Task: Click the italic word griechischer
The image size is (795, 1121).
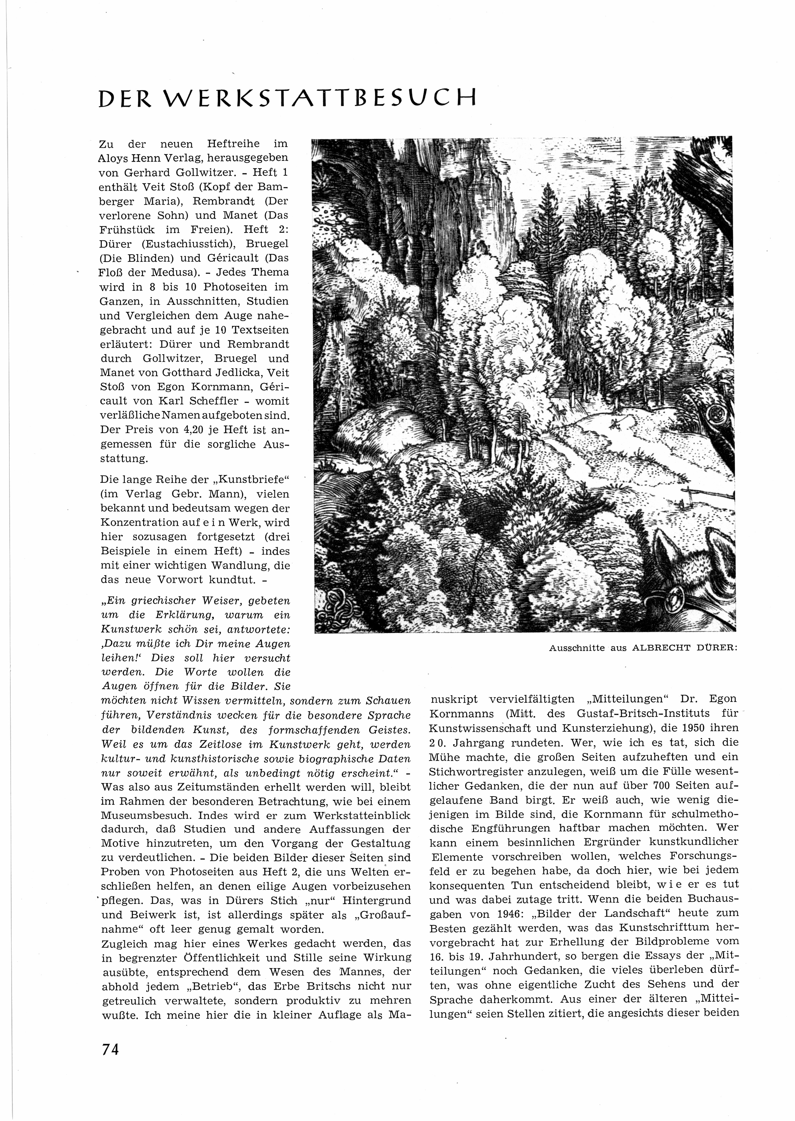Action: coord(165,601)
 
